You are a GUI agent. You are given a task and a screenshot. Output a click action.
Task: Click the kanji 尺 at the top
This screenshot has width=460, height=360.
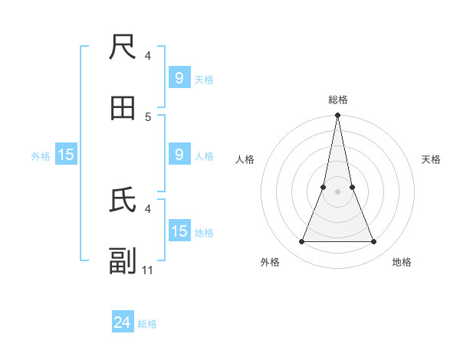(123, 48)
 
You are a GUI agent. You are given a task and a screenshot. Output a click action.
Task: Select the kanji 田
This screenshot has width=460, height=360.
(123, 108)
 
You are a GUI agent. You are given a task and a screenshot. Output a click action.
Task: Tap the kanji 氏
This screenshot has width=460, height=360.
(123, 200)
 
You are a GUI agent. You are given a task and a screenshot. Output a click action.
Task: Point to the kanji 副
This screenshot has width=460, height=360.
(123, 261)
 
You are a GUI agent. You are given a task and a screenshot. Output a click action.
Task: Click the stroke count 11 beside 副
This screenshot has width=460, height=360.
(148, 270)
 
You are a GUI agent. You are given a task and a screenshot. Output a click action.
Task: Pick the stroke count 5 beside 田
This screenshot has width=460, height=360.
(148, 116)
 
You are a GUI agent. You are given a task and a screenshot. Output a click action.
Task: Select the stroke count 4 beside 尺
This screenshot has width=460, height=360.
(148, 55)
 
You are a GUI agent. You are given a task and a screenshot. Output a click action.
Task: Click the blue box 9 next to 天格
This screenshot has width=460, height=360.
(179, 78)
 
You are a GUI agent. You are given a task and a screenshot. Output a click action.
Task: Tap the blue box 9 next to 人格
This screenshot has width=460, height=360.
(179, 155)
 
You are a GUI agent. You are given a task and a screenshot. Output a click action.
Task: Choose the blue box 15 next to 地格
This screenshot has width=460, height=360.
(179, 231)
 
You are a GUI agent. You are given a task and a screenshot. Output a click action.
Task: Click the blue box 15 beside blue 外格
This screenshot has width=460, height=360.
(66, 155)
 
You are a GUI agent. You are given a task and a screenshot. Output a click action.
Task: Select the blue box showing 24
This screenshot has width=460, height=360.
(123, 322)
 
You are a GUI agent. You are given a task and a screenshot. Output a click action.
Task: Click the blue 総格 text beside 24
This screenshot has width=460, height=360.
(147, 324)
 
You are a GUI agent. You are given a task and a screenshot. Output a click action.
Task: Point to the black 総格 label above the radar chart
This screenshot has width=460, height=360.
(337, 100)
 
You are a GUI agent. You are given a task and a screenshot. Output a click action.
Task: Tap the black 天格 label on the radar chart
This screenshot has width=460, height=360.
(431, 159)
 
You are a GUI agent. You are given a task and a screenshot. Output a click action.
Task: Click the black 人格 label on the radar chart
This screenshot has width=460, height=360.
(245, 159)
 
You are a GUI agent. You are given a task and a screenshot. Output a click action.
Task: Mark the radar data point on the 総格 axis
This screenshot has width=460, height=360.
(337, 116)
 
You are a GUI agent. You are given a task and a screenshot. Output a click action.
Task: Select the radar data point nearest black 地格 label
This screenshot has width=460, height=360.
(374, 242)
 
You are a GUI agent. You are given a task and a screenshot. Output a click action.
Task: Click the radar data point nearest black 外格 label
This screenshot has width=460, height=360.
(301, 242)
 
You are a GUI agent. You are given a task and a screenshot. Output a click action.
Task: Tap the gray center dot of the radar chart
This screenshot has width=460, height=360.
(337, 191)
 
